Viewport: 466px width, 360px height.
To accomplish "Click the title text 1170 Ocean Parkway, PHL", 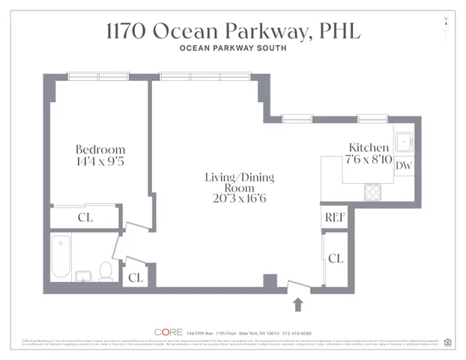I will (232, 31).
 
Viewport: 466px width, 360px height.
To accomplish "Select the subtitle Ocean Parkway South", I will (232, 49).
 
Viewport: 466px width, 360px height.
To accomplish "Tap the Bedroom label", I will (100, 148).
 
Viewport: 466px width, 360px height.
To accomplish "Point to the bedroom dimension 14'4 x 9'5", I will (100, 161).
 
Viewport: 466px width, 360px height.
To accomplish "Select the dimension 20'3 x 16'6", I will (239, 198).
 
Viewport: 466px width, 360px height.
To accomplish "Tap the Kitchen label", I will (369, 148).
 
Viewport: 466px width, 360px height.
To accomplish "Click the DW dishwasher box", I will (403, 166).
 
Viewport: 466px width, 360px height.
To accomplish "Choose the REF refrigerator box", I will (333, 217).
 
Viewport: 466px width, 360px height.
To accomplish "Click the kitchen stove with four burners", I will (373, 192).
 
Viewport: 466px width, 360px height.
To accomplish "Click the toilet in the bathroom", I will (106, 271).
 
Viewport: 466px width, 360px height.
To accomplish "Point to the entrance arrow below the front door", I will (298, 304).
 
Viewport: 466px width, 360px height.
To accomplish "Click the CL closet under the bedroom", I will (85, 218).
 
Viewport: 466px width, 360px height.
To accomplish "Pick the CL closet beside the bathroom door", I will (135, 277).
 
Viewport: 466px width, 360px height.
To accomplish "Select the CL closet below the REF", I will (336, 258).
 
